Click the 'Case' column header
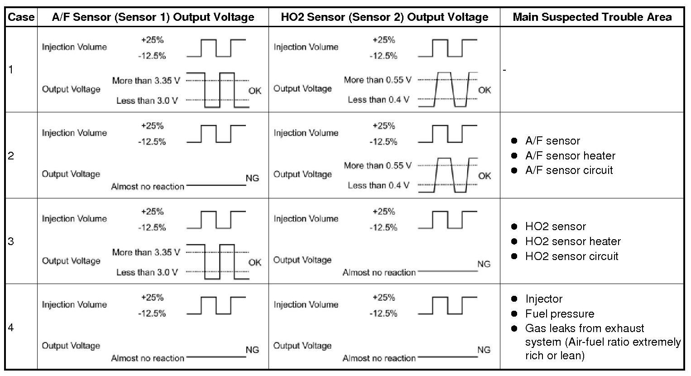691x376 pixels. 21,17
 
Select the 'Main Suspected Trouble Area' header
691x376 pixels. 592,17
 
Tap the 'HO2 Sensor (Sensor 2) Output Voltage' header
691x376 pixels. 384,17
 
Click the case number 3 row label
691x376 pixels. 11,241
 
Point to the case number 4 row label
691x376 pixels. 11,327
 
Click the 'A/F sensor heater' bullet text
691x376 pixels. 570,156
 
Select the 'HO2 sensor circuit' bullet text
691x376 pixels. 571,256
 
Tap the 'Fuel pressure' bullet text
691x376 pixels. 560,314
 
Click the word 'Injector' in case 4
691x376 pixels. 544,299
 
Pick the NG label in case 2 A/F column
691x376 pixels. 252,178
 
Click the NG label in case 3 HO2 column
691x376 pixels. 484,264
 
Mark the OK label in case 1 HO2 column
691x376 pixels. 484,90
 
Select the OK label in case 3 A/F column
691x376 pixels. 254,262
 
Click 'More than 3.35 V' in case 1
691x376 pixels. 146,81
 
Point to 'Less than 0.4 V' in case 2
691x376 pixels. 378,185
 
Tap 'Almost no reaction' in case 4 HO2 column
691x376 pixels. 379,358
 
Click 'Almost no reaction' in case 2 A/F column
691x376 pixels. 148,187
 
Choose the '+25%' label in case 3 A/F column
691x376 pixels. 152,212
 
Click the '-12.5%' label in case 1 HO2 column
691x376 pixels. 383,56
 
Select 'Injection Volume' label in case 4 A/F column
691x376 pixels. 74,305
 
